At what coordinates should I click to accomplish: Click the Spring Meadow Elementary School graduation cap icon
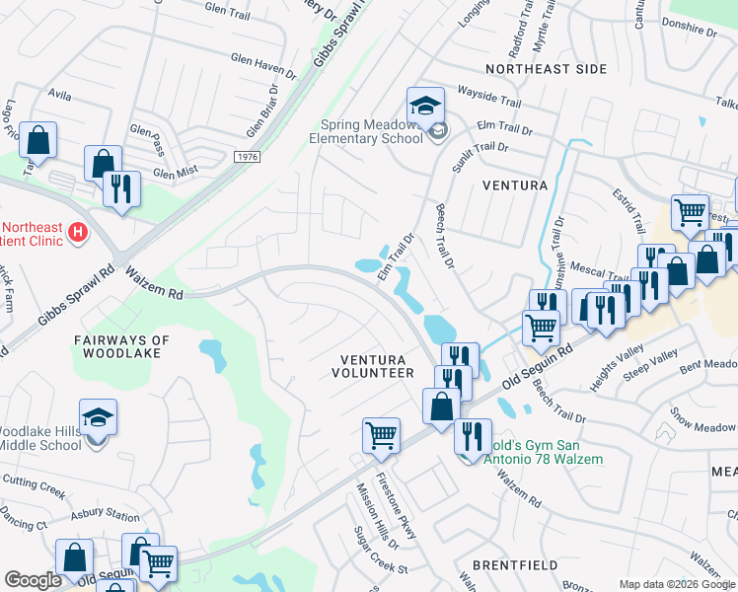pyautogui.click(x=425, y=106)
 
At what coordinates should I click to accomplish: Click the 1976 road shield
pyautogui.click(x=249, y=157)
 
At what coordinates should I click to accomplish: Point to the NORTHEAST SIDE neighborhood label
pyautogui.click(x=546, y=69)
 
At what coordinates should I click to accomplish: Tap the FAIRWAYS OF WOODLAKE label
pyautogui.click(x=121, y=346)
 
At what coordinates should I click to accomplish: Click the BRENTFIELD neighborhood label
pyautogui.click(x=514, y=565)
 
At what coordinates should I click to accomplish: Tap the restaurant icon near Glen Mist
pyautogui.click(x=121, y=188)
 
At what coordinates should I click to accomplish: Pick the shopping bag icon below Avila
pyautogui.click(x=37, y=141)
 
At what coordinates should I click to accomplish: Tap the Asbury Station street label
pyautogui.click(x=107, y=516)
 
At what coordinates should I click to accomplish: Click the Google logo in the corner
pyautogui.click(x=33, y=580)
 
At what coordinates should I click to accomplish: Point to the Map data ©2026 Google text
pyautogui.click(x=676, y=584)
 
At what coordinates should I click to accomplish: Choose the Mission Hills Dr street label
pyautogui.click(x=378, y=518)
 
